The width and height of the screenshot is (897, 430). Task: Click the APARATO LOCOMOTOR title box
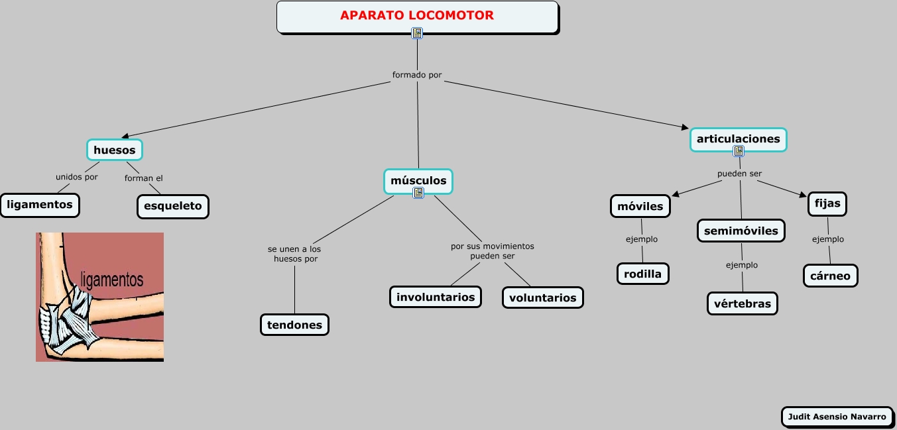pos(417,16)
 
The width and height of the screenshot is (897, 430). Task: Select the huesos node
pos(115,150)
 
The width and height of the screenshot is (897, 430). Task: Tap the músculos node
pos(418,180)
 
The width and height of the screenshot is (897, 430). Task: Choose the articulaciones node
pos(738,139)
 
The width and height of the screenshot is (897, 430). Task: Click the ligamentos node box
pos(40,205)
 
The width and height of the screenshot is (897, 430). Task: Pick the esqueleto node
pos(172,206)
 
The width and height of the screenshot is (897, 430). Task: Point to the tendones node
pos(294,325)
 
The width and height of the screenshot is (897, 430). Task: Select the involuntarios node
pos(436,297)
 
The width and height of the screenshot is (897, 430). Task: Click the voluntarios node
pos(543,297)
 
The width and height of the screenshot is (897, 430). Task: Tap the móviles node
pos(640,206)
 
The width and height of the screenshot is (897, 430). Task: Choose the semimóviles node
pos(741,231)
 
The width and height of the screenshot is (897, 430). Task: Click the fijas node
pos(827,203)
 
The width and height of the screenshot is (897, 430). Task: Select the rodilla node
pos(642,273)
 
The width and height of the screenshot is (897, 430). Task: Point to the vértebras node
pos(743,303)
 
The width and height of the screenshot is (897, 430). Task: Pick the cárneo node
pos(830,276)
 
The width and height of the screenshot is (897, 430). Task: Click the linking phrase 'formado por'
pos(417,75)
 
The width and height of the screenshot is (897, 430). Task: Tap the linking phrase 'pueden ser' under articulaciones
pos(739,174)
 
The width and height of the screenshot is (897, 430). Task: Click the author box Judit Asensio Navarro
pos(836,417)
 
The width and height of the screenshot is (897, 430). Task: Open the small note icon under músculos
pos(418,193)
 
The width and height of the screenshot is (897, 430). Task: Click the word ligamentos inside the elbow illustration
pos(111,279)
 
